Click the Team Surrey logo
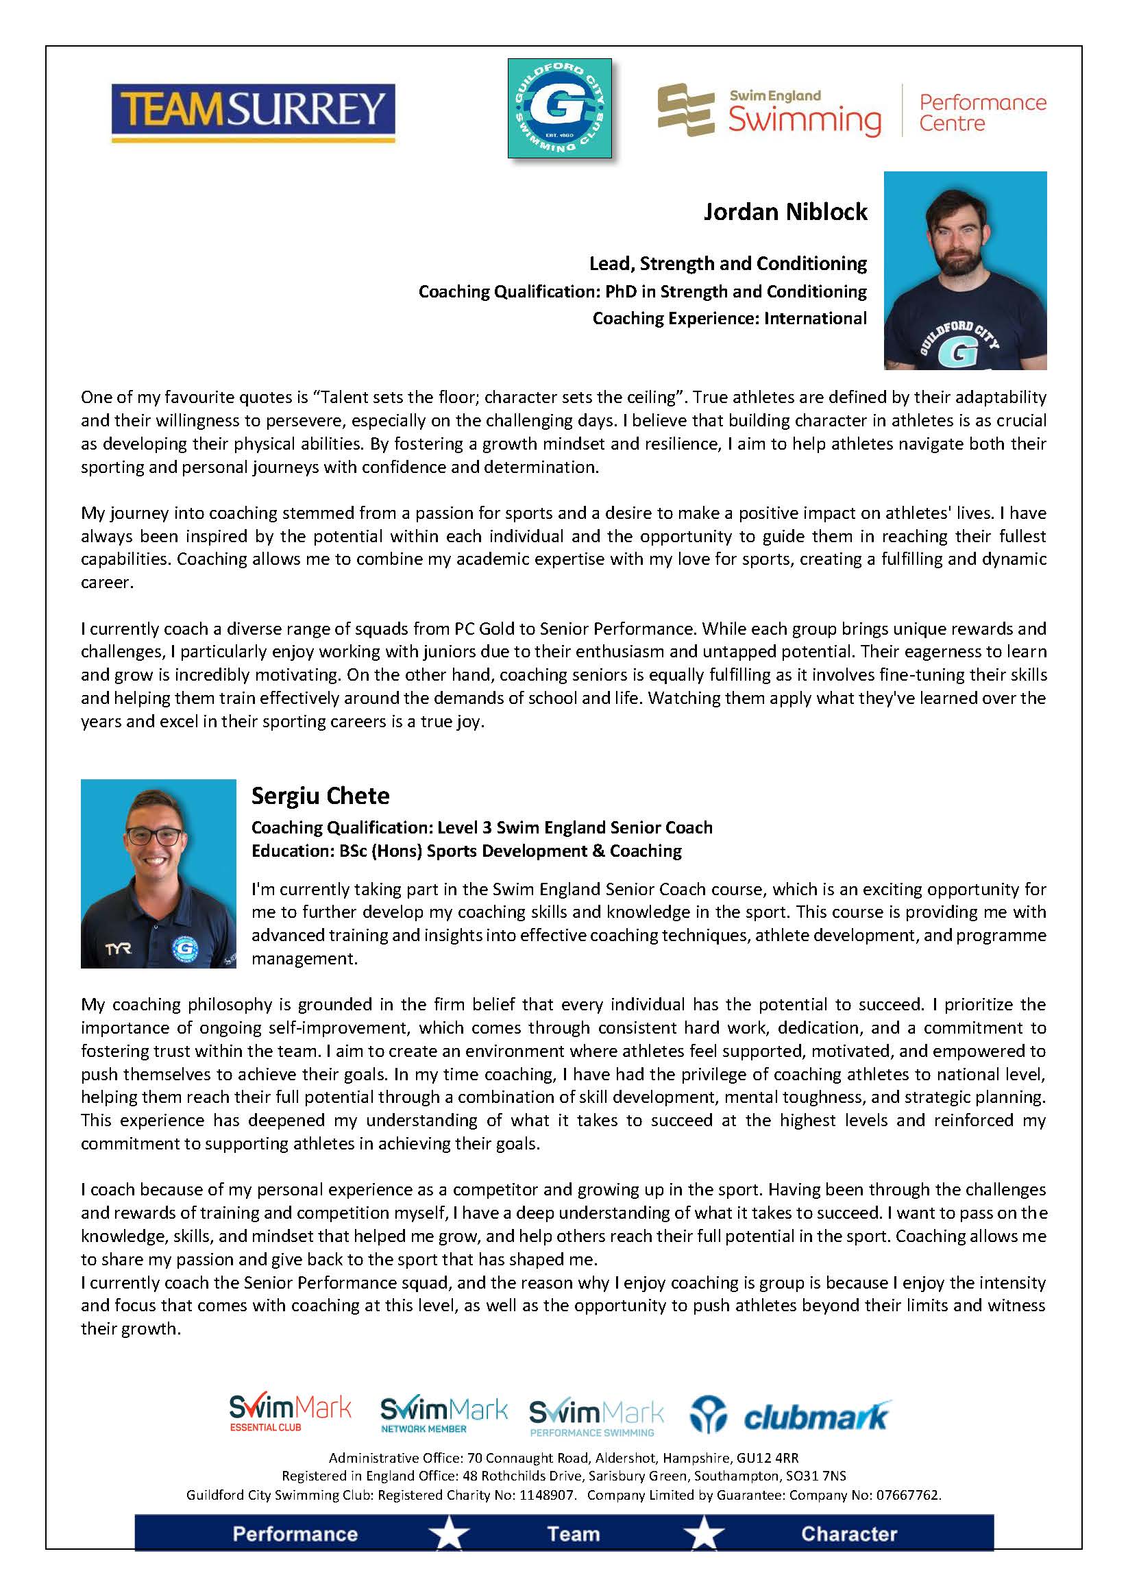[254, 112]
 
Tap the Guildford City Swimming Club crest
[559, 108]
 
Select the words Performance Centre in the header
[982, 112]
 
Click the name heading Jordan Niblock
[785, 212]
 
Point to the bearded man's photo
[965, 269]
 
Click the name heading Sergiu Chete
[320, 796]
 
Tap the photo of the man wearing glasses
[158, 873]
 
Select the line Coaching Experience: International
[729, 319]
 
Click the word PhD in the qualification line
[620, 292]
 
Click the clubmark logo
[790, 1416]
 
